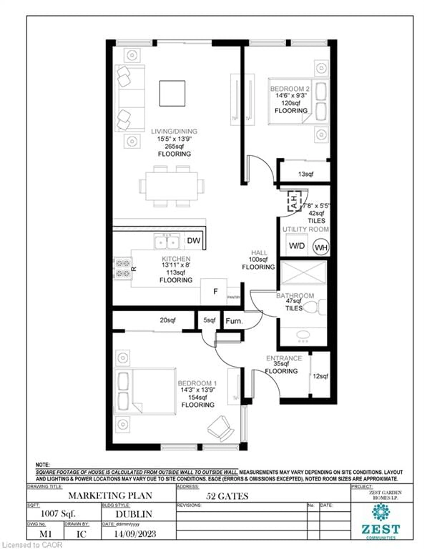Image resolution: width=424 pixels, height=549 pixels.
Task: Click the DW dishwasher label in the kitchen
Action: (x=193, y=241)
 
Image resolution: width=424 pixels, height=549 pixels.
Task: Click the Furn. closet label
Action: (x=234, y=321)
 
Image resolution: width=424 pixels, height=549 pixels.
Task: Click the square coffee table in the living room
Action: (x=172, y=93)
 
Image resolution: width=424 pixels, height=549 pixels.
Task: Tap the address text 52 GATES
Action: (x=227, y=496)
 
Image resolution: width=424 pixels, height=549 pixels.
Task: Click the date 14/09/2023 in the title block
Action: (x=135, y=534)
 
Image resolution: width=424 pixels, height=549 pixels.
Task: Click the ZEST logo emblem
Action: (x=381, y=512)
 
